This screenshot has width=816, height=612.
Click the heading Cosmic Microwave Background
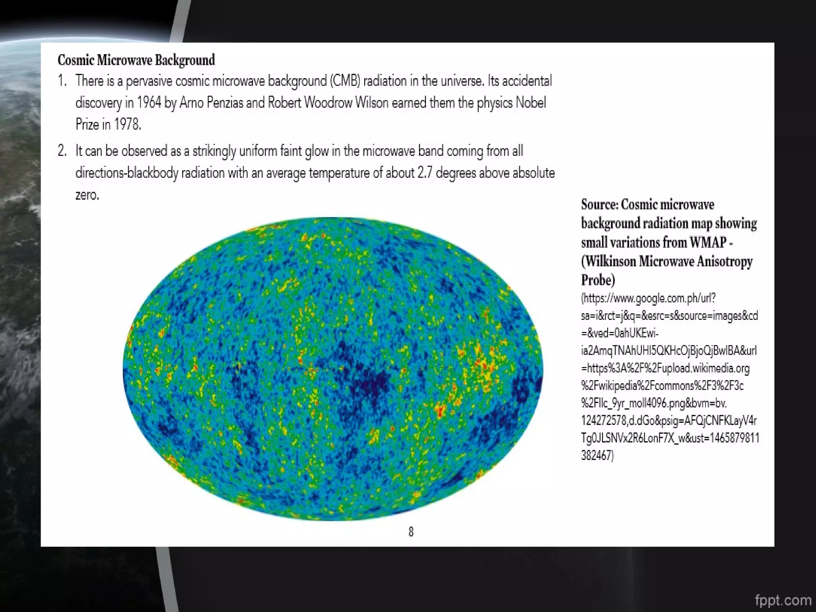[136, 60]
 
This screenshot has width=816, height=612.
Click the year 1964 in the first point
[149, 103]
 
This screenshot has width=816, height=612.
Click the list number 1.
[62, 81]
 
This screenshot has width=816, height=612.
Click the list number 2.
[62, 151]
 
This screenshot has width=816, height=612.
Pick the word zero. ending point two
[87, 195]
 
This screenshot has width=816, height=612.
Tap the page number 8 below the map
[411, 532]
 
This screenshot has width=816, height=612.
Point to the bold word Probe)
[598, 280]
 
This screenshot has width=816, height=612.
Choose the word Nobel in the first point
[531, 103]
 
